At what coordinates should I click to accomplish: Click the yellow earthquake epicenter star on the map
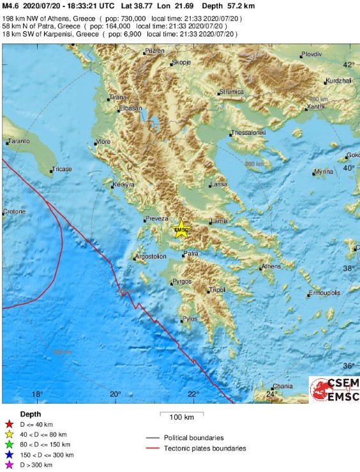click(182, 230)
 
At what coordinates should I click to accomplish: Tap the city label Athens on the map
click(271, 266)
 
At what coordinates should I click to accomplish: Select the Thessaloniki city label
click(248, 132)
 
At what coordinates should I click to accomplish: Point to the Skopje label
click(181, 63)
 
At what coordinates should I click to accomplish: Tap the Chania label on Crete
click(282, 386)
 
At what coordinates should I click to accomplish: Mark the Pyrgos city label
click(181, 282)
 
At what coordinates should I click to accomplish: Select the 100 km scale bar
click(181, 414)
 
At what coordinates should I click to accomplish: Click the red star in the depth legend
click(8, 424)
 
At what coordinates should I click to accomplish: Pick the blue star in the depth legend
click(8, 455)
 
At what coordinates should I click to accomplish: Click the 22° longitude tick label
click(193, 394)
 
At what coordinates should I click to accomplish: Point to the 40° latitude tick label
click(349, 168)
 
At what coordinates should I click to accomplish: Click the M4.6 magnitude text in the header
click(10, 6)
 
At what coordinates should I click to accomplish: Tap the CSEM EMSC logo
click(334, 390)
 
